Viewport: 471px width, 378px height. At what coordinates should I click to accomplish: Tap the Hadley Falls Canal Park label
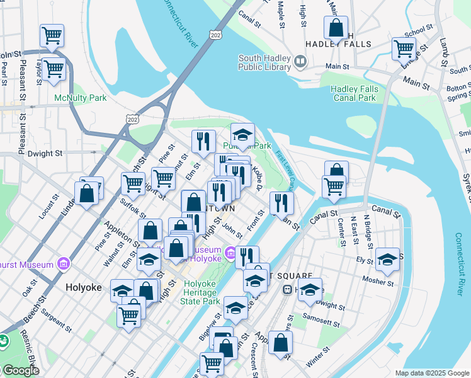(354, 93)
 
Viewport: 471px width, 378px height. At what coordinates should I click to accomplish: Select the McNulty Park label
(80, 98)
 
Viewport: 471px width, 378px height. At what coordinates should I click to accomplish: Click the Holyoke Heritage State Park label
(203, 292)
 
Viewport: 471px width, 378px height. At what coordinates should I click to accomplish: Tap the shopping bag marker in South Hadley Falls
(336, 28)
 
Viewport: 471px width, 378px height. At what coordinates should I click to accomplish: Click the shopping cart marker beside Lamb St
(404, 48)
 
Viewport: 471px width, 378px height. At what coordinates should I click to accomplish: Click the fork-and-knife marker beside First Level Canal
(281, 203)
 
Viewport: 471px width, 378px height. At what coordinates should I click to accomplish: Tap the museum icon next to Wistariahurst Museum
(63, 263)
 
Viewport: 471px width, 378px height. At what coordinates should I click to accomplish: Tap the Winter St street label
(317, 362)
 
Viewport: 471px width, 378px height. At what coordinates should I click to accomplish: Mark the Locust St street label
(47, 209)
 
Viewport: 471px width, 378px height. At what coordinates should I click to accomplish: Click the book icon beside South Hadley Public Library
(300, 62)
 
